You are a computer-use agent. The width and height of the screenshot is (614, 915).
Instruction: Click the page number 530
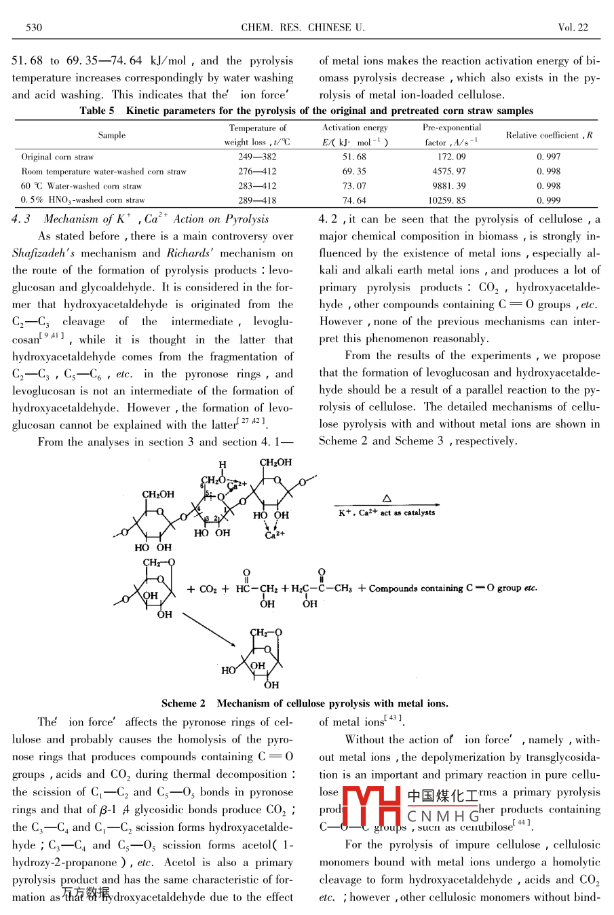(x=34, y=28)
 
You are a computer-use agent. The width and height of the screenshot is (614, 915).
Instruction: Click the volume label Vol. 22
(x=573, y=28)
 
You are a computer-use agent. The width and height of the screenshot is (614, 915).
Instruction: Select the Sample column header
(x=111, y=135)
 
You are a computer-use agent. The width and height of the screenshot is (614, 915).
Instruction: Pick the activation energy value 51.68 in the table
(x=354, y=157)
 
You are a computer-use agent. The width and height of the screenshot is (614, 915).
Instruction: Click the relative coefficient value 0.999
(x=548, y=200)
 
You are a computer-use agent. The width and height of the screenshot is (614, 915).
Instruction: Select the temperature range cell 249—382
(x=257, y=157)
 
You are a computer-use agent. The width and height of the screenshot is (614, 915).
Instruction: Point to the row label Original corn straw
(x=58, y=157)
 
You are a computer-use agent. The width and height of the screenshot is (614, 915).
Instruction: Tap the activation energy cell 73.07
(x=354, y=186)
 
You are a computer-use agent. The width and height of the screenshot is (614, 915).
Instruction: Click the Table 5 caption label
(x=97, y=111)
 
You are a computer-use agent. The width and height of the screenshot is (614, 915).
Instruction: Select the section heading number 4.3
(x=21, y=219)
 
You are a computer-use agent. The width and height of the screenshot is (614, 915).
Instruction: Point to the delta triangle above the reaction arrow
(x=387, y=499)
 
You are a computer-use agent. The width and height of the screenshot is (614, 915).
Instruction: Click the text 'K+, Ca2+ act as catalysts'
(x=387, y=513)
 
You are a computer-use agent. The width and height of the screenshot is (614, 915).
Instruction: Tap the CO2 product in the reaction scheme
(x=208, y=589)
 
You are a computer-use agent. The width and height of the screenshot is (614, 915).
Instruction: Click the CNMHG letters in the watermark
(x=443, y=816)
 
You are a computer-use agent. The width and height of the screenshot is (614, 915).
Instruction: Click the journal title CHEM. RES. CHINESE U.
(x=303, y=28)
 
